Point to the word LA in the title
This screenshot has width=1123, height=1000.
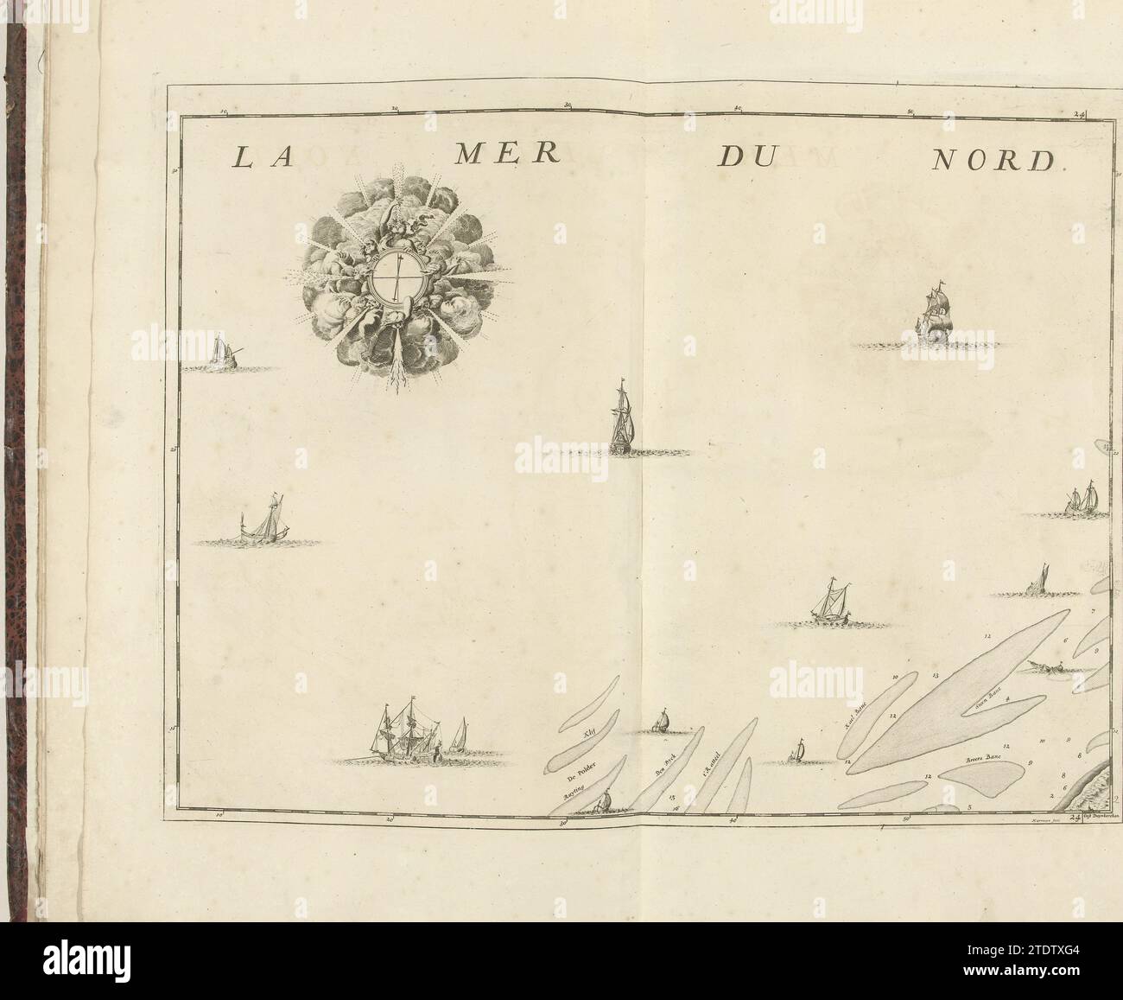coord(256,157)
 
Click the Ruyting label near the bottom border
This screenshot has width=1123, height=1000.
coord(574,792)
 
